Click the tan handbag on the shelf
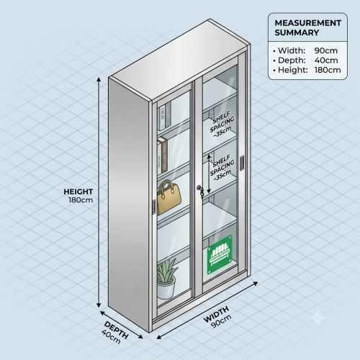[x=169, y=198]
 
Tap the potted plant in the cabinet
[x=167, y=279]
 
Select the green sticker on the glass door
[x=220, y=255]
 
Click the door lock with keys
[x=200, y=191]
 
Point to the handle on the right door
[x=242, y=163]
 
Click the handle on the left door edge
[x=154, y=207]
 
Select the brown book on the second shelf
[x=164, y=156]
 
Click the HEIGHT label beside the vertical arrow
[x=78, y=192]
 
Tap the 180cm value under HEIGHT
[x=81, y=200]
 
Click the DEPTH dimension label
[x=117, y=330]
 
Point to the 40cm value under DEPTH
[x=111, y=336]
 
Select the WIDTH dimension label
[x=216, y=315]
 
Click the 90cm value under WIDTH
[x=221, y=321]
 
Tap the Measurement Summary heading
[x=308, y=27]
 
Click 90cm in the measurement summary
[x=326, y=50]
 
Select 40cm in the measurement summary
[x=326, y=60]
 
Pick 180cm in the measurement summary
[x=328, y=70]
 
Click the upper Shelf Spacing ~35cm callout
[x=222, y=125]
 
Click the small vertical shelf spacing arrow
[x=209, y=174]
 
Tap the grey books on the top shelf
[x=165, y=117]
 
